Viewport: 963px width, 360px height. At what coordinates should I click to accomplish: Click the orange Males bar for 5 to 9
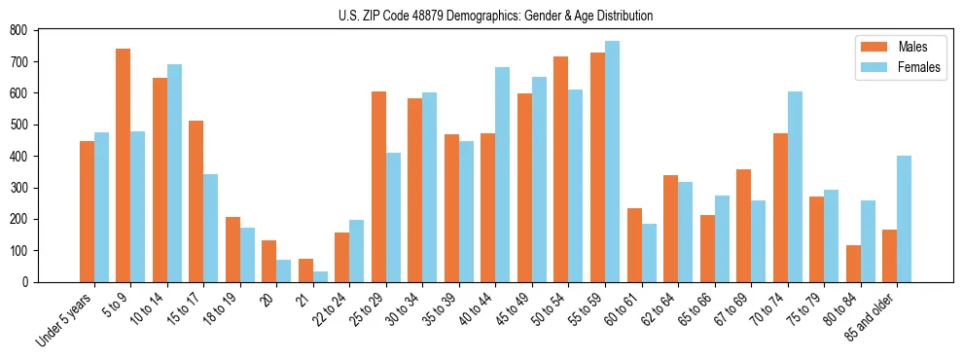[x=124, y=165]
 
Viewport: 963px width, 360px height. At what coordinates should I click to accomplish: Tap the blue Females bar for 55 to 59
[x=612, y=162]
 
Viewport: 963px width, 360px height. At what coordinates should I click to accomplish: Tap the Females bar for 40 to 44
[x=503, y=174]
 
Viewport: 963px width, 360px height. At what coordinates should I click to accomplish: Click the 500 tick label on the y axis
[x=27, y=125]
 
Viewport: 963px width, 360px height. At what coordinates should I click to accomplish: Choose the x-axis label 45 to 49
[x=514, y=309]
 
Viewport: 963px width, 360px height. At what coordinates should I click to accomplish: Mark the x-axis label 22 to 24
[x=331, y=309]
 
